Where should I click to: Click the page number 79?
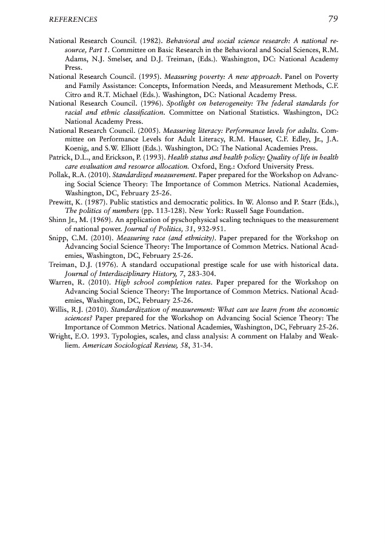click(332, 19)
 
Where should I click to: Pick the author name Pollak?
click(58, 173)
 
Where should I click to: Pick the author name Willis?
click(58, 308)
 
